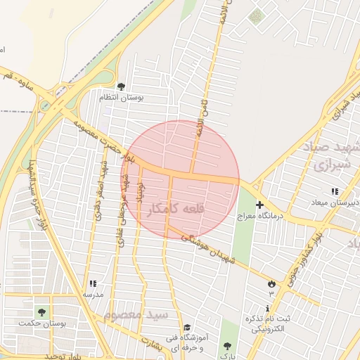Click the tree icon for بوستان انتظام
(x=122, y=86)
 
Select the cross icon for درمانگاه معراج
(x=260, y=205)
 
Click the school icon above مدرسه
(x=92, y=284)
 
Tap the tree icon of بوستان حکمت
(x=41, y=311)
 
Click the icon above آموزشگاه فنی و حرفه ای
(x=186, y=327)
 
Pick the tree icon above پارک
(x=226, y=346)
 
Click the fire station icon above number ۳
(x=271, y=283)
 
